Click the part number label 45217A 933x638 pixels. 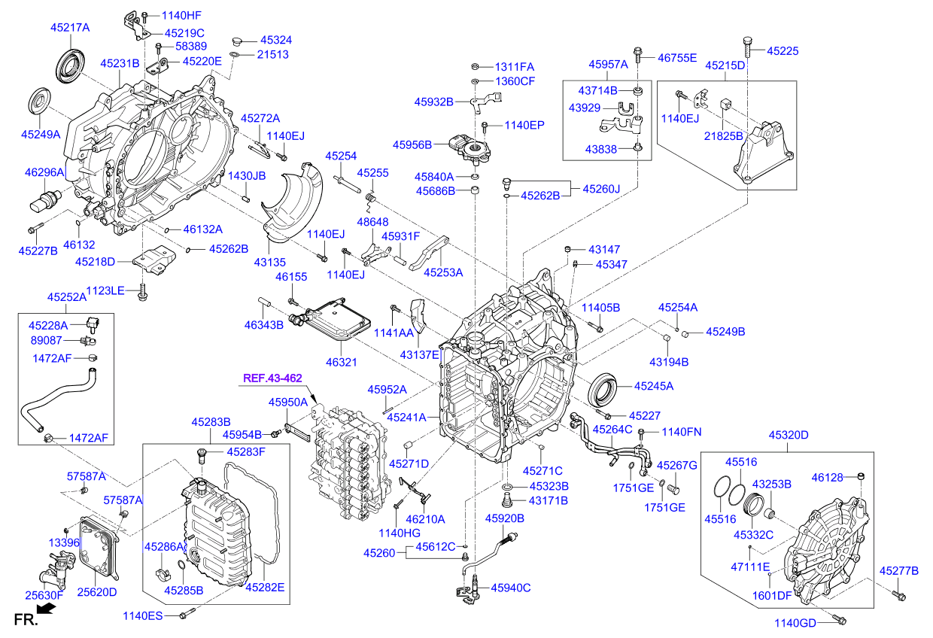point(70,27)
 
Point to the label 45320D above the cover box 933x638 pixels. point(788,435)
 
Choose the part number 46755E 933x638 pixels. point(677,57)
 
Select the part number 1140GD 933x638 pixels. point(795,622)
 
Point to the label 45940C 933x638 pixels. point(511,588)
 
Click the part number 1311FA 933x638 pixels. point(515,66)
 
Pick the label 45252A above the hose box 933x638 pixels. point(67,297)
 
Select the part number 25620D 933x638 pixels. point(97,592)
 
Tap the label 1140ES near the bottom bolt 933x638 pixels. point(143,616)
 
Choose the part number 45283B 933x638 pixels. point(211,422)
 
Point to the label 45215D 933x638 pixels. point(725,65)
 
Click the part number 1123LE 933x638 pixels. point(105,290)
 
